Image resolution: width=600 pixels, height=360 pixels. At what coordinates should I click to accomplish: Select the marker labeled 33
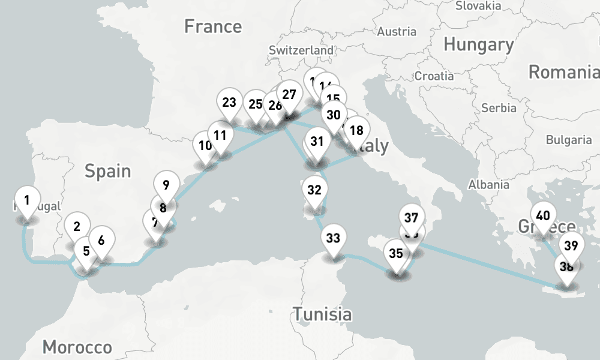333,238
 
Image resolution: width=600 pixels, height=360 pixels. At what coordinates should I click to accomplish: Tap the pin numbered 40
543,216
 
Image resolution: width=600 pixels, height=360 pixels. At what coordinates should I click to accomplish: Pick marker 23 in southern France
229,103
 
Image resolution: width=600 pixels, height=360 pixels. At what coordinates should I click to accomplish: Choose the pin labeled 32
314,190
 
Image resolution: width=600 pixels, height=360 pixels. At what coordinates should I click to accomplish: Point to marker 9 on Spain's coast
166,185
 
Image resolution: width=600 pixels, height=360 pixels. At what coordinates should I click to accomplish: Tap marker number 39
571,246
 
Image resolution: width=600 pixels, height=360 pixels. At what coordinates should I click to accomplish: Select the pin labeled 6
101,241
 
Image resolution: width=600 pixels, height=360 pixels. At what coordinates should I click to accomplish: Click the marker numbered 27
289,95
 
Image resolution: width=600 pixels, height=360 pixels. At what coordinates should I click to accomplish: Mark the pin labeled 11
220,135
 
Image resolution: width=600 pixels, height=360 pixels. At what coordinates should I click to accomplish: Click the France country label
213,26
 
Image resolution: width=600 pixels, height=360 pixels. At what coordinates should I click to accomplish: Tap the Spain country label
107,171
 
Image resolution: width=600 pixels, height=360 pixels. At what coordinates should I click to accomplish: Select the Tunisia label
322,313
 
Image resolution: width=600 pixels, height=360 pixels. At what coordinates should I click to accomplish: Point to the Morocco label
77,347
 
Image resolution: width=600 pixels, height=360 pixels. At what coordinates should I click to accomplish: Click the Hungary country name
478,44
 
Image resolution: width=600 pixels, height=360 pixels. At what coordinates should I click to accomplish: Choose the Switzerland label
301,51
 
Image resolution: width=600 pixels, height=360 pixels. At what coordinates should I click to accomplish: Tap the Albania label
490,184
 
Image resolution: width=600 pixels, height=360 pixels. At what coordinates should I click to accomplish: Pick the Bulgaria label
568,140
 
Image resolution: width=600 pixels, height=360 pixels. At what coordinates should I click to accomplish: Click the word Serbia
499,108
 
